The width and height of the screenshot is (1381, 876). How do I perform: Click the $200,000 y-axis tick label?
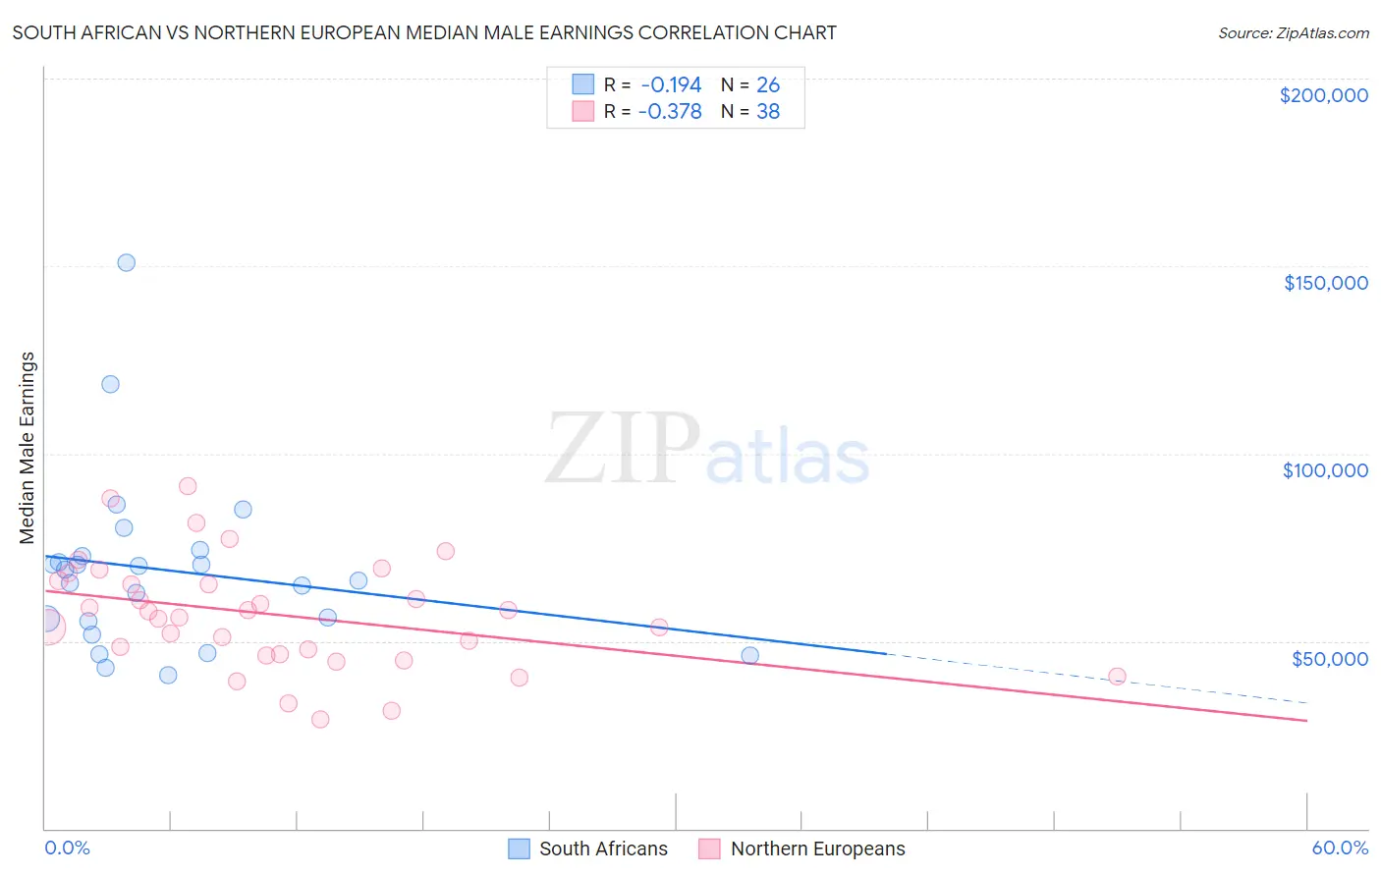point(1323,95)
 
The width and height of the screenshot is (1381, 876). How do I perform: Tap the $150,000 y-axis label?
point(1325,283)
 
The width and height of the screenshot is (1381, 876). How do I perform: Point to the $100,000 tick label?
point(1325,470)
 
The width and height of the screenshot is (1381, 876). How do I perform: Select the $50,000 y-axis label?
point(1329,658)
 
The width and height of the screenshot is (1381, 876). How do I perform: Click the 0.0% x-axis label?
point(67,848)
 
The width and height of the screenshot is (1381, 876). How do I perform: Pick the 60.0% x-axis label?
point(1340,848)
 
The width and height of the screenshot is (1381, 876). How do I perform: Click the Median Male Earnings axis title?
point(28,447)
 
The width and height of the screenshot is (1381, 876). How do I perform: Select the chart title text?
point(424,32)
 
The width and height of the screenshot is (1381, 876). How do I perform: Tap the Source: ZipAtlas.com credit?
point(1293,33)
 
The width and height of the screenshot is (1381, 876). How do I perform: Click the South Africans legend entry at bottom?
point(587,849)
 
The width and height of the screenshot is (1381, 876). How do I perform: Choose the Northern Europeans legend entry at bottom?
point(801,849)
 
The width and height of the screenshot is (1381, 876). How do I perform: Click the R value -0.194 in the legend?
point(671,85)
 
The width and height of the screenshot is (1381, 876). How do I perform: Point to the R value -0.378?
point(670,112)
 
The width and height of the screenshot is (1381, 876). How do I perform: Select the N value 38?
point(768,112)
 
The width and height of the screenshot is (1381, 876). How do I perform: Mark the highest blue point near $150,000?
point(126,262)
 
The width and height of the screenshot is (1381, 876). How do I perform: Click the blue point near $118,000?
point(110,384)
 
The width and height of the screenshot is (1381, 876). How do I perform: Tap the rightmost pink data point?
point(1117,676)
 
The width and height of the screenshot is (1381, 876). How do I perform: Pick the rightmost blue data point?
point(749,655)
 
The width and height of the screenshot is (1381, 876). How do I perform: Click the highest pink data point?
point(188,486)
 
